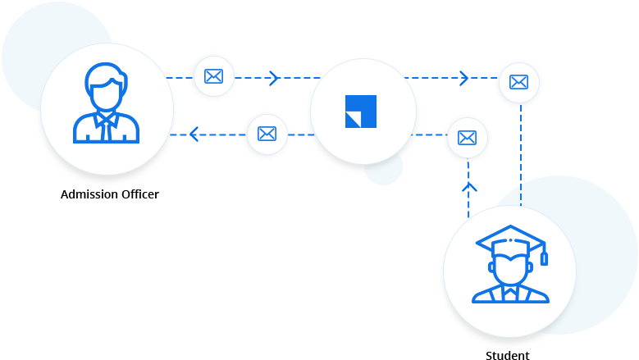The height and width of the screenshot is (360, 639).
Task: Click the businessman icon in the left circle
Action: coord(107,107)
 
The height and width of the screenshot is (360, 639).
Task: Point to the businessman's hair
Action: coord(107,76)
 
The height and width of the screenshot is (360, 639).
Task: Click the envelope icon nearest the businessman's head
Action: coord(213,76)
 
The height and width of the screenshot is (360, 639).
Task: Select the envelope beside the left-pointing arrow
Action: coord(267,134)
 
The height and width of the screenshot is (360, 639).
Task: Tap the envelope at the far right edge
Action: coord(518,82)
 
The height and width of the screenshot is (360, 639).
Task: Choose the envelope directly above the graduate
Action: coord(467,138)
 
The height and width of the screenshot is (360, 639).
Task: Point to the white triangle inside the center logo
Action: coord(353,120)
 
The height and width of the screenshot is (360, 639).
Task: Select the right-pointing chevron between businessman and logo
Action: coord(273,78)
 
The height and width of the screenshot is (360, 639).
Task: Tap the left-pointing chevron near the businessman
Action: coord(194,134)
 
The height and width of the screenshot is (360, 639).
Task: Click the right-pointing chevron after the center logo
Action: coord(463,78)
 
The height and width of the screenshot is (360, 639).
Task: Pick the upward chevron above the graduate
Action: coord(469,188)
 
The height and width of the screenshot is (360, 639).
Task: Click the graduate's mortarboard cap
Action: coord(509,239)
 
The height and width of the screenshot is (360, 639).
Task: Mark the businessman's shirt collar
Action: coord(107,117)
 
